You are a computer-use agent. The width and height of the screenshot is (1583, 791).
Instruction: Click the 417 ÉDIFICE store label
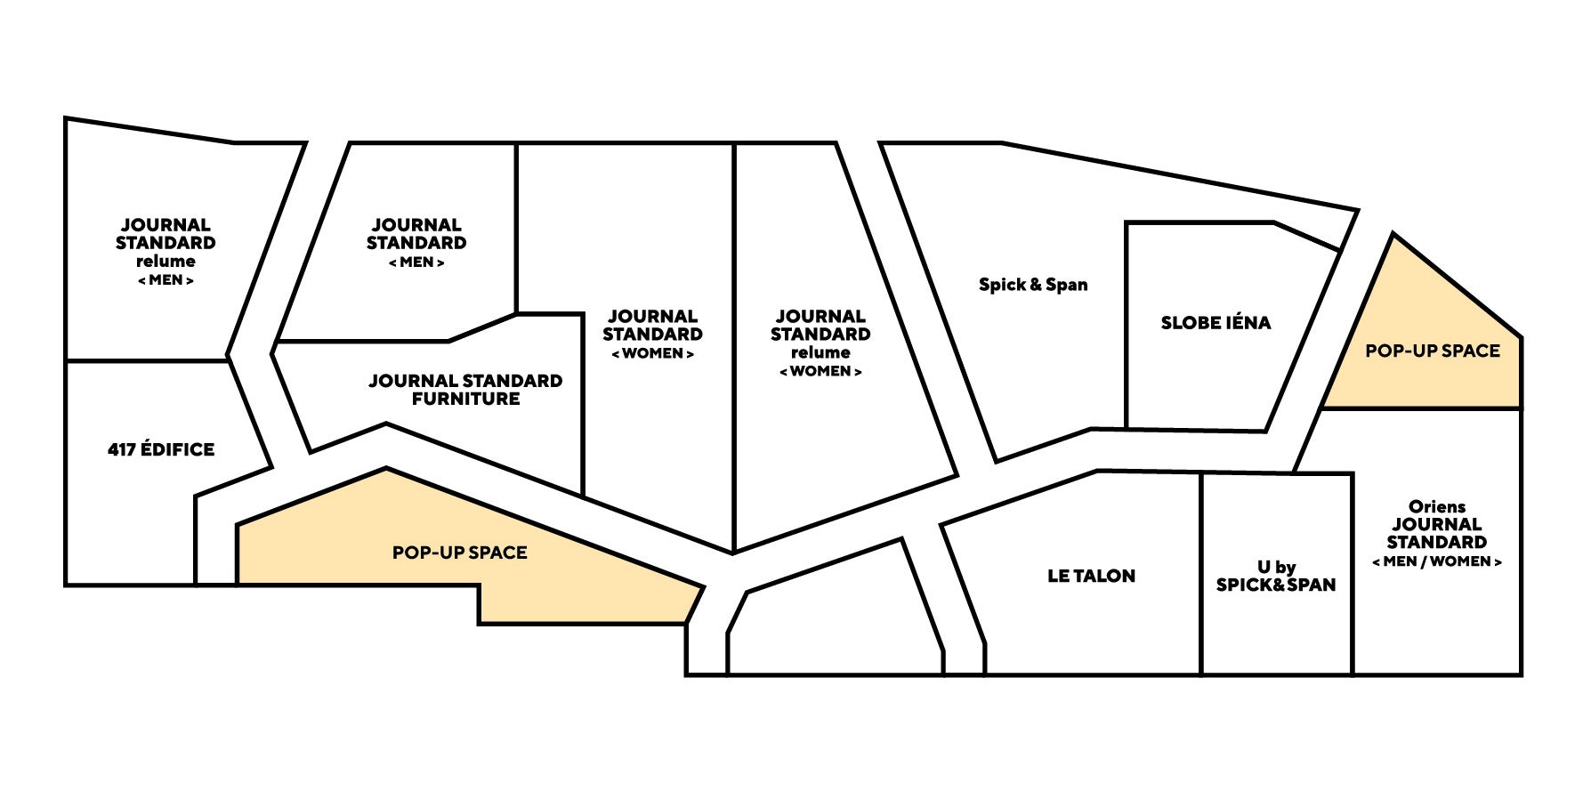[x=161, y=449]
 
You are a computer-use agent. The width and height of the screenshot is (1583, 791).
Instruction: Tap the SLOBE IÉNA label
[x=1216, y=323]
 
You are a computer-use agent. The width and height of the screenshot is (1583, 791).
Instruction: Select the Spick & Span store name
[x=1033, y=285]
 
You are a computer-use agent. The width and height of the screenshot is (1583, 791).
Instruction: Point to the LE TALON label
[x=1091, y=576]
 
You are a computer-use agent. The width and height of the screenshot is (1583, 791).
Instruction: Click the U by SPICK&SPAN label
[x=1276, y=576]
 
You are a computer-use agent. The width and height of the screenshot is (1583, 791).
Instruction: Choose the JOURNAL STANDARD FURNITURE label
[x=465, y=390]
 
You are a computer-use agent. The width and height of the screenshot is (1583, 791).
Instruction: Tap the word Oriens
[x=1437, y=506]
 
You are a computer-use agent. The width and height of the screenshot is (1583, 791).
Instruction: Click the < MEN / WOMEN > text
[x=1437, y=561]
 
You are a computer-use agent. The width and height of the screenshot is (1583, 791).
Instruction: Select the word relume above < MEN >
[x=166, y=262]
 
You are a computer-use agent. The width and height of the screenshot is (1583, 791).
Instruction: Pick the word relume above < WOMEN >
[x=820, y=353]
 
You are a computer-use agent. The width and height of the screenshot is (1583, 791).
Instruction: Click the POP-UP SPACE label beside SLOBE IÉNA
[x=1433, y=351]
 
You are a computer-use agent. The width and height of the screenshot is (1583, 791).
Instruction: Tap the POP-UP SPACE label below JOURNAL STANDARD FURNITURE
[x=459, y=553]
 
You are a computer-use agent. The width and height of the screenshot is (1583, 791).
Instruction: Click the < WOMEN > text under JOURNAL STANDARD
[x=652, y=353]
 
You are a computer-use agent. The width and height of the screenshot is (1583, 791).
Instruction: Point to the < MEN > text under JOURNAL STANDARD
[x=416, y=262]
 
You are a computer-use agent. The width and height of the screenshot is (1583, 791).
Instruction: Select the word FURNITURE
[x=465, y=399]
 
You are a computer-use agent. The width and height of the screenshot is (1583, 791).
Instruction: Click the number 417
[x=122, y=449]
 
